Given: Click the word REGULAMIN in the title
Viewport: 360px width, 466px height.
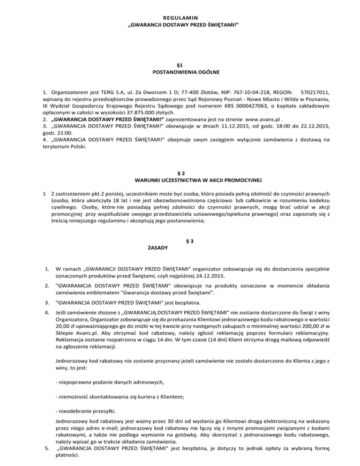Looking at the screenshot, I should coord(180,15).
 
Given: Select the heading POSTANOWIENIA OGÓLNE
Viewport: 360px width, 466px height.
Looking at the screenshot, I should coord(180,73).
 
